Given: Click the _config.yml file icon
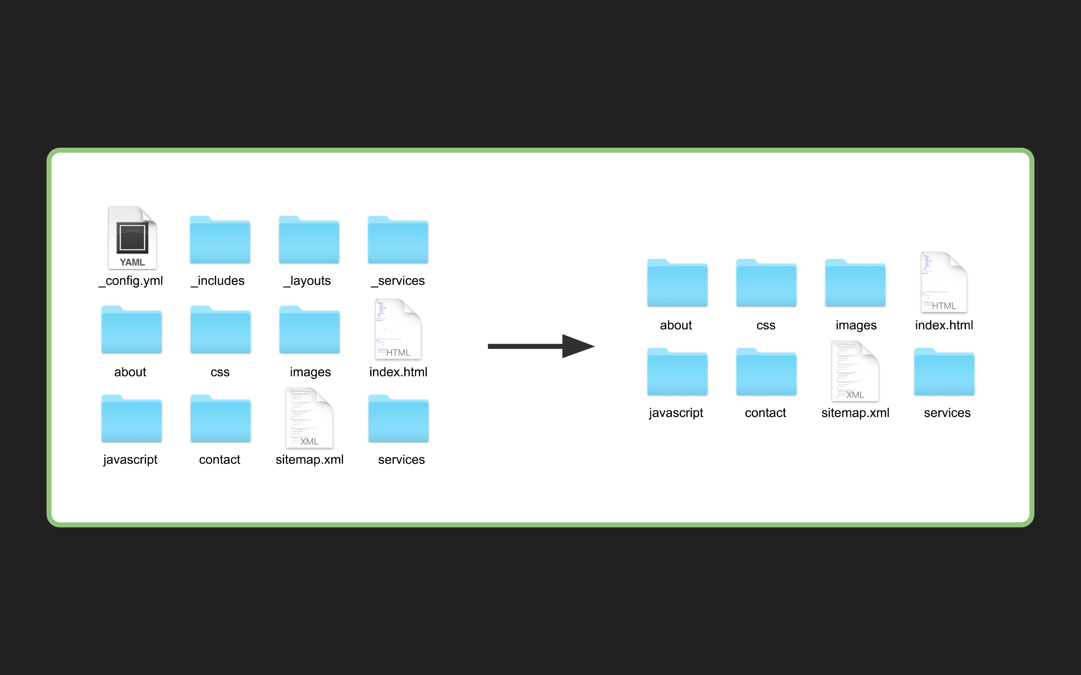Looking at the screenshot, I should pyautogui.click(x=132, y=238).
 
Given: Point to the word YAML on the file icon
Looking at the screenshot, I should pyautogui.click(x=132, y=262).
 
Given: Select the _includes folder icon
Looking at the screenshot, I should pyautogui.click(x=220, y=240).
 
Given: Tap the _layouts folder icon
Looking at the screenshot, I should pyautogui.click(x=309, y=240).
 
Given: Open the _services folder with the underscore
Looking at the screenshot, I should pyautogui.click(x=398, y=240).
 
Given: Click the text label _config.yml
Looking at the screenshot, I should pyautogui.click(x=131, y=281).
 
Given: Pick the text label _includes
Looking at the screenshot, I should pyautogui.click(x=218, y=281).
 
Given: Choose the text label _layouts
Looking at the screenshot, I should pyautogui.click(x=307, y=281).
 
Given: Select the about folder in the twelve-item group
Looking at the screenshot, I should pyautogui.click(x=131, y=330).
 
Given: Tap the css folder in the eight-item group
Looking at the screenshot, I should pyautogui.click(x=766, y=283).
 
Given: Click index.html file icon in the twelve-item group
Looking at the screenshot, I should pyautogui.click(x=398, y=329).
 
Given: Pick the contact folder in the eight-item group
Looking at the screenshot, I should pyautogui.click(x=766, y=373).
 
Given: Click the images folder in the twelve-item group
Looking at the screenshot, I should pyautogui.click(x=309, y=330).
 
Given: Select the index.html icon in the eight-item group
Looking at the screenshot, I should pyautogui.click(x=944, y=282).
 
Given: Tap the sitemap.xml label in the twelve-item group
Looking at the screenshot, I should pyautogui.click(x=310, y=459).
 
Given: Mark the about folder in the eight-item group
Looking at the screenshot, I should pyautogui.click(x=677, y=283).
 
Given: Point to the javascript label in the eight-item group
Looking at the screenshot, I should pyautogui.click(x=676, y=413).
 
